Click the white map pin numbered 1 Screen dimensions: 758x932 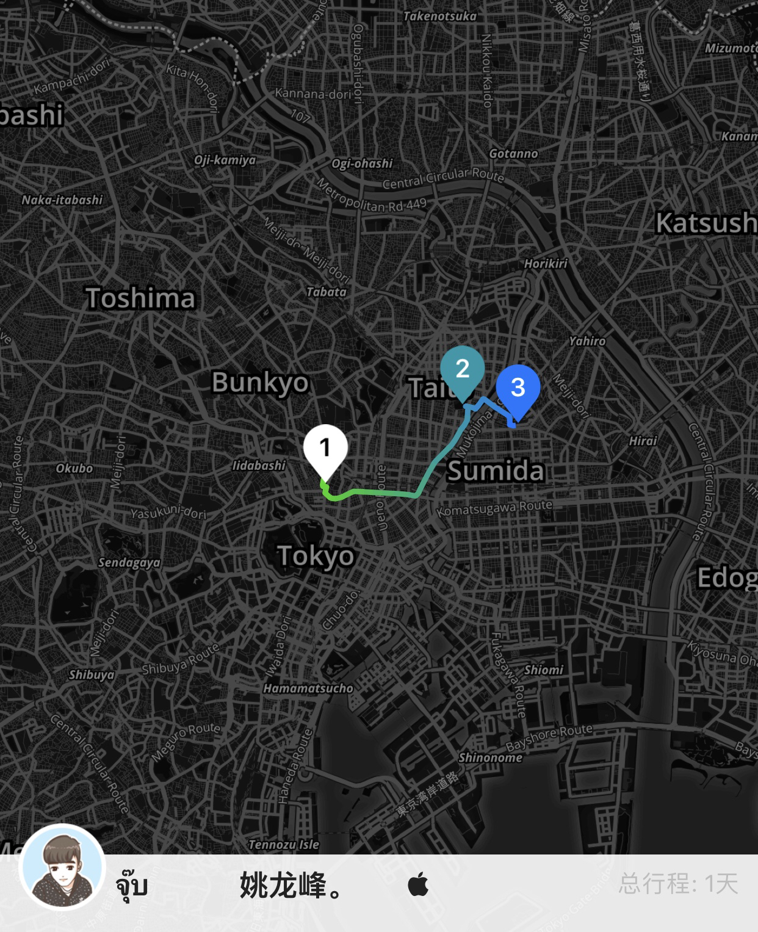[x=325, y=449]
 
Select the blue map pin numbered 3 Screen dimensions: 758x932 [x=518, y=388]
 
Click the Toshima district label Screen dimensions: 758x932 [x=140, y=298]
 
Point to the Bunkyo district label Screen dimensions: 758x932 [x=260, y=383]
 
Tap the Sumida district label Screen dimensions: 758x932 [x=495, y=471]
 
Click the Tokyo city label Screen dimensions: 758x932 [x=316, y=556]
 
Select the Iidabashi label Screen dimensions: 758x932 [x=259, y=466]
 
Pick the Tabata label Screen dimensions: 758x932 [x=326, y=292]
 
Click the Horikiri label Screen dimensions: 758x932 [x=546, y=264]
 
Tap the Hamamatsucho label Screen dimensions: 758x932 [x=308, y=688]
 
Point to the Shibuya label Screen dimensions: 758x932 [x=91, y=674]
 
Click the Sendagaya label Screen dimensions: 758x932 [x=129, y=563]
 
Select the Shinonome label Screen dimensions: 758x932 [x=490, y=758]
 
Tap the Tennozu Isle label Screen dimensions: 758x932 [x=284, y=845]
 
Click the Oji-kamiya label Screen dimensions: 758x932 [x=225, y=161]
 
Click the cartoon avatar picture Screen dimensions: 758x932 [x=62, y=867]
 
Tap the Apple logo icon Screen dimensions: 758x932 [x=418, y=884]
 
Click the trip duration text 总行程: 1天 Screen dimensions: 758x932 [x=678, y=884]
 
